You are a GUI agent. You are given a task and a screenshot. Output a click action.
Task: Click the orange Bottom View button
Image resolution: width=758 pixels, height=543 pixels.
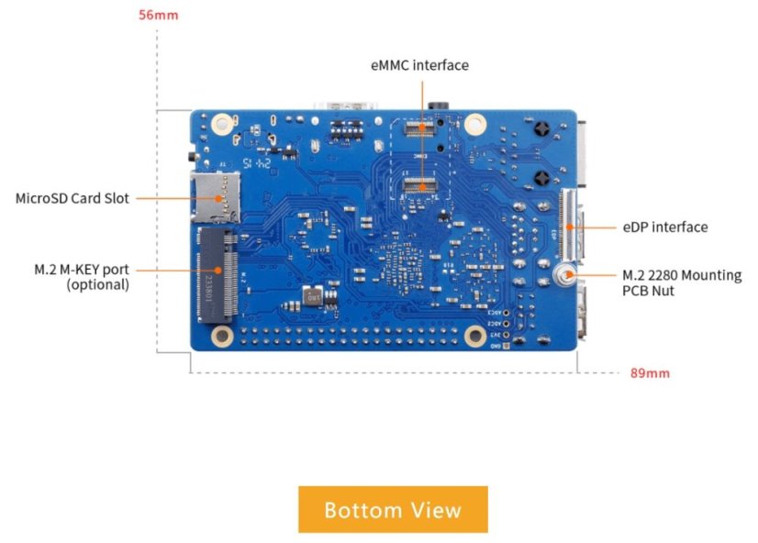click(393, 509)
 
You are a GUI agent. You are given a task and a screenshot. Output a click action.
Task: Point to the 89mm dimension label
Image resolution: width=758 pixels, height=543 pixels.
click(651, 373)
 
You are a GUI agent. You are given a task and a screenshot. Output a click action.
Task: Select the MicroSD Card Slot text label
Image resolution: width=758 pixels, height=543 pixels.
click(72, 197)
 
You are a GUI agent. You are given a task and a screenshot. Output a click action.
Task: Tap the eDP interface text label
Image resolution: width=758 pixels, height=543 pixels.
click(665, 227)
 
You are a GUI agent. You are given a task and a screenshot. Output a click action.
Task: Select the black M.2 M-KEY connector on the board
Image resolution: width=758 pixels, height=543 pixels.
click(217, 275)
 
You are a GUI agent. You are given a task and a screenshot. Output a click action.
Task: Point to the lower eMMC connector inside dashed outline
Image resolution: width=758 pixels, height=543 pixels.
click(422, 186)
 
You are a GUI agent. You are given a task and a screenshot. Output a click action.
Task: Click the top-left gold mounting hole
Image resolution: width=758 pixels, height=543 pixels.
click(221, 123)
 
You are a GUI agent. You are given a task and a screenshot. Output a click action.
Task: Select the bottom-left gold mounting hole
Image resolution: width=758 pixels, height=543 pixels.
click(221, 337)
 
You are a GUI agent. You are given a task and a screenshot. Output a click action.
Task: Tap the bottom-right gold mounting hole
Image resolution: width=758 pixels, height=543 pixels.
click(474, 337)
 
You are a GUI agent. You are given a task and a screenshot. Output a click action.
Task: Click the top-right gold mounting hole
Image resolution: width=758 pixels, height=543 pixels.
click(475, 123)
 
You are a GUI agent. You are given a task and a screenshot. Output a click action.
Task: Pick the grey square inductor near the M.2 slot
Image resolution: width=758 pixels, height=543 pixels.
click(313, 298)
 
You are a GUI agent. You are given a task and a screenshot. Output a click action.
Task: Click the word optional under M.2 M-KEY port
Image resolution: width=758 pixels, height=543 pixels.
click(97, 285)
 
